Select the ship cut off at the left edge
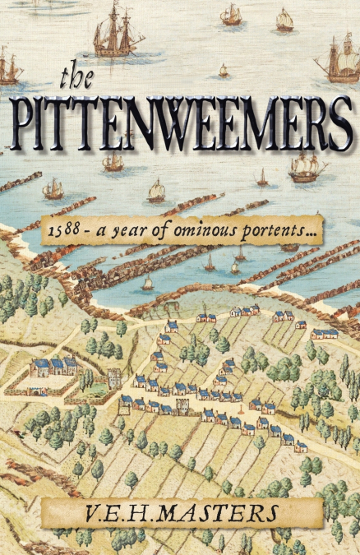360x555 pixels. click(x=8, y=66)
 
